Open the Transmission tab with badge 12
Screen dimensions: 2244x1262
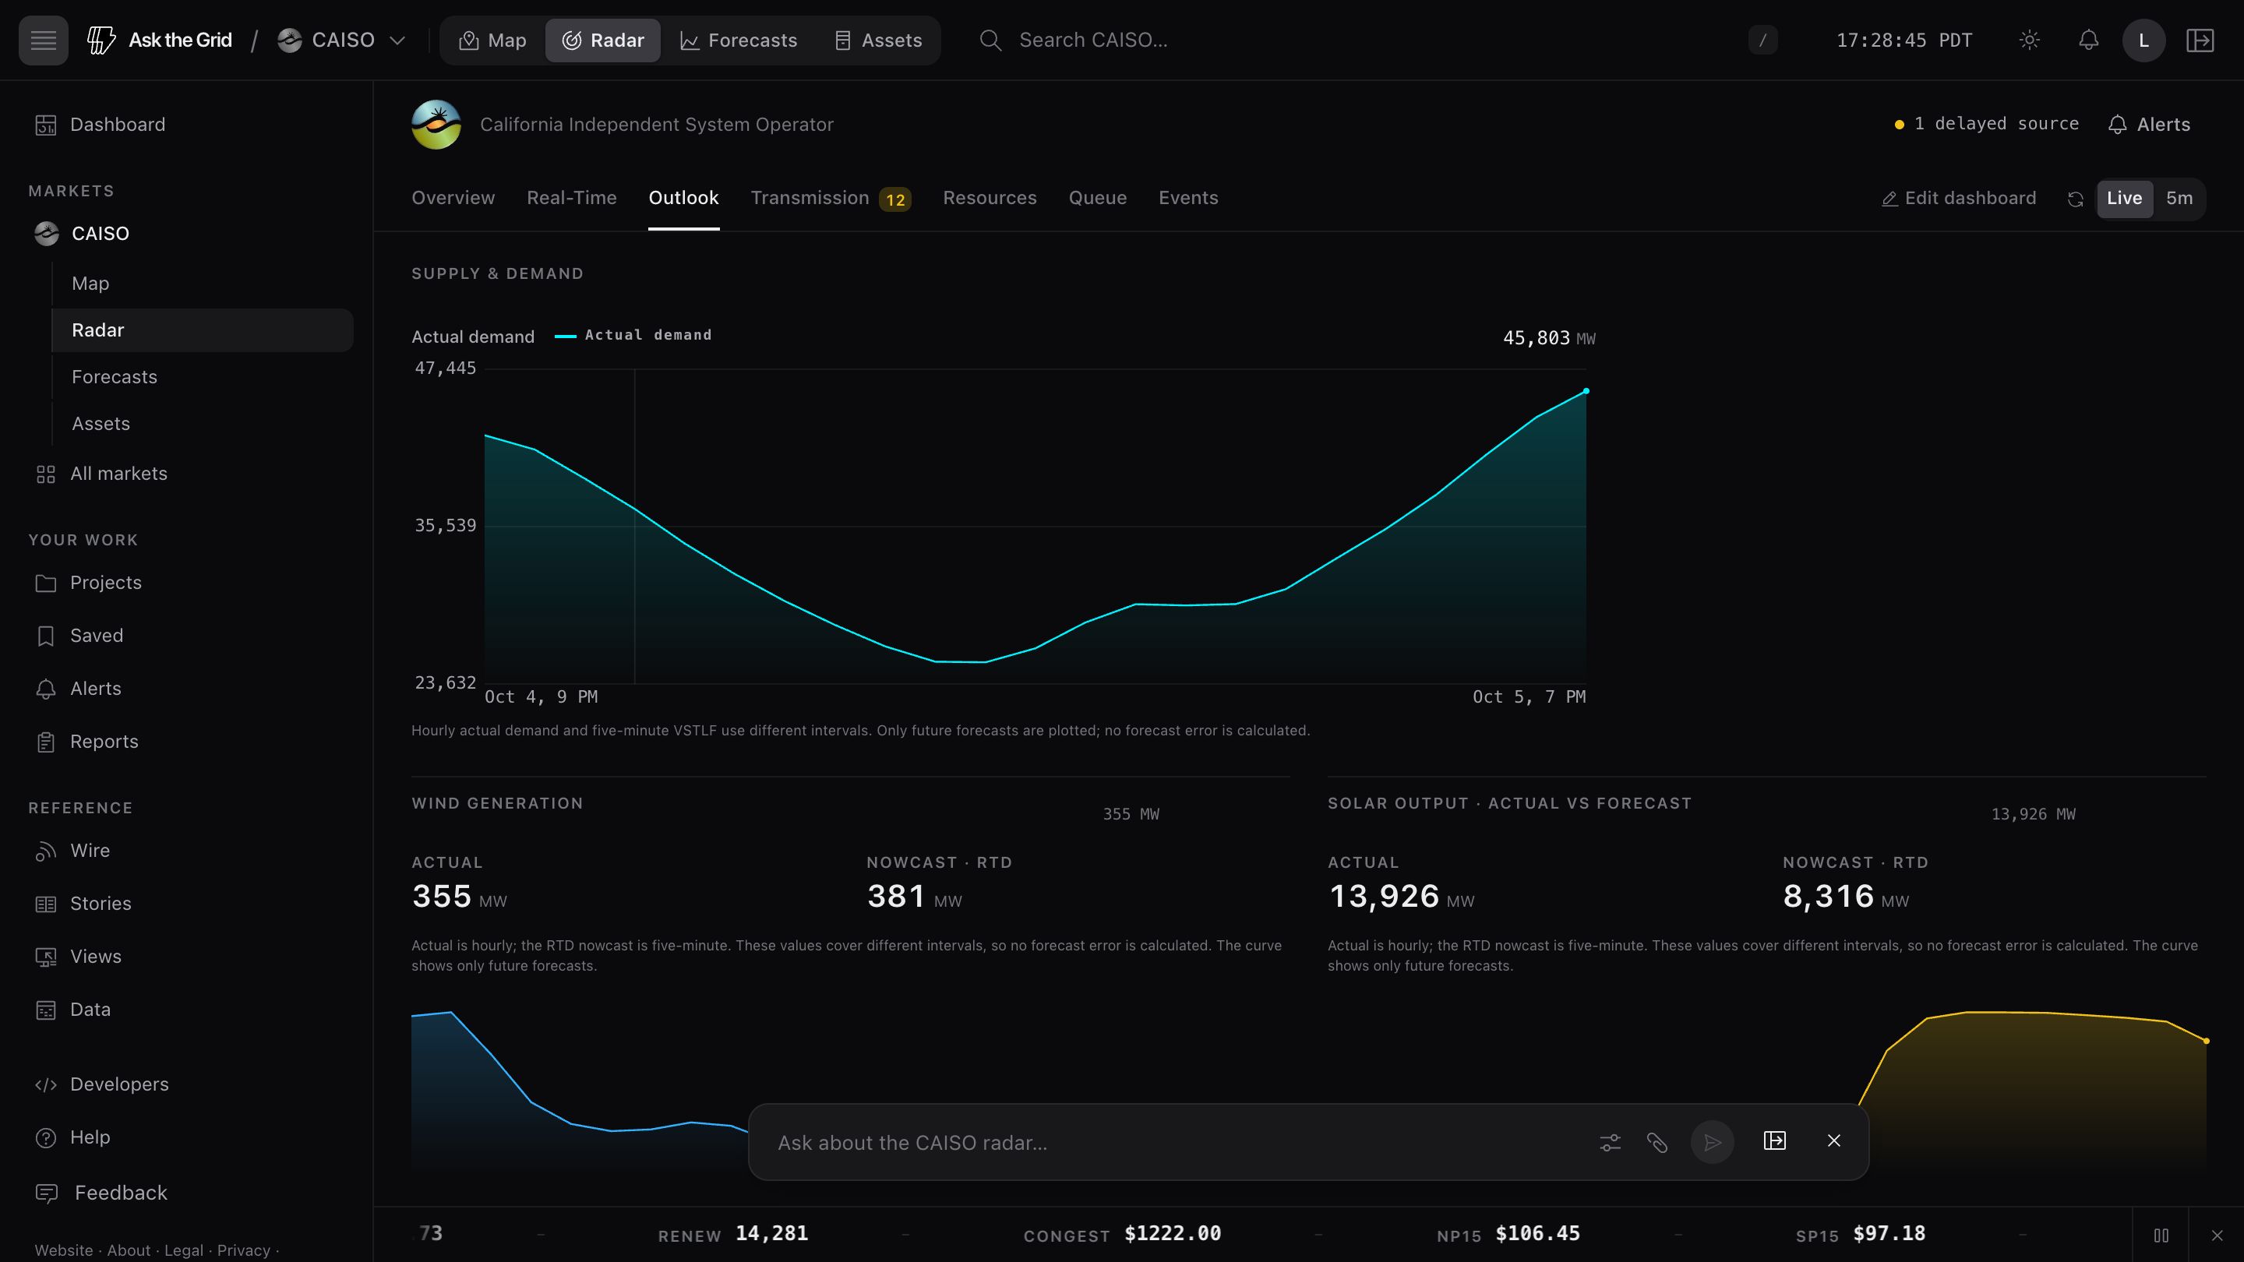tap(830, 199)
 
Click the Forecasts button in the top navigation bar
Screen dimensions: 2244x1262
tap(738, 40)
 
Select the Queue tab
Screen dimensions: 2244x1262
tap(1098, 198)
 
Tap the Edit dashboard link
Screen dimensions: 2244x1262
tap(1959, 199)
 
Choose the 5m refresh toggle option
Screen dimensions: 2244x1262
tap(2179, 199)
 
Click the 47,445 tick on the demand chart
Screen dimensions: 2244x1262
tap(445, 368)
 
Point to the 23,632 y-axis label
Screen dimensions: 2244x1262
tap(445, 683)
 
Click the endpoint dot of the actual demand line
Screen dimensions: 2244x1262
tap(1586, 391)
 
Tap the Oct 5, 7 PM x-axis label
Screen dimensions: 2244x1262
tap(1529, 696)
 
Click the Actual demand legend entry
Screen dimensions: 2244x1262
tap(633, 335)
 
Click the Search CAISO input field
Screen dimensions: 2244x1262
tap(1093, 40)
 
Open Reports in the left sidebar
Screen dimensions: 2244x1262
tap(104, 741)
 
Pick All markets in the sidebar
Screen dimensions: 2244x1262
tap(118, 474)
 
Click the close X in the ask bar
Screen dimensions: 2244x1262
tap(1833, 1141)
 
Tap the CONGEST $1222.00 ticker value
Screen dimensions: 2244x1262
tap(1173, 1233)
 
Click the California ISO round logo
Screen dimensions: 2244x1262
tap(436, 125)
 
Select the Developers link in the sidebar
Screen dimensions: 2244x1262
tap(119, 1084)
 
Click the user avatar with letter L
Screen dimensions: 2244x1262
tap(2143, 40)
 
